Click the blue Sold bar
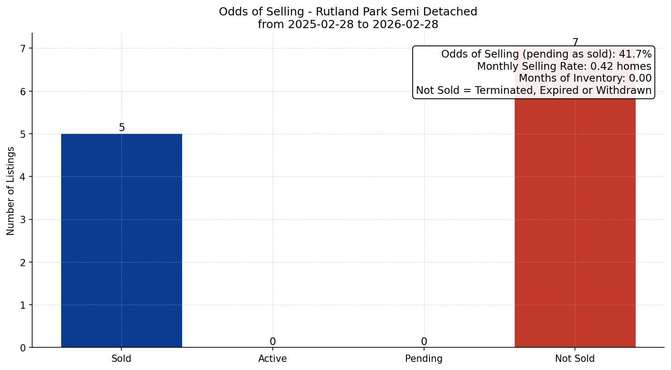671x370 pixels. [121, 240]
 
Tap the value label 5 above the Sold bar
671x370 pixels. [121, 128]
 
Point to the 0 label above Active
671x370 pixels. [272, 342]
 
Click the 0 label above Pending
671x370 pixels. [424, 342]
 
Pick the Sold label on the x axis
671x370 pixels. [121, 359]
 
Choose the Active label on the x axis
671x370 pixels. [272, 359]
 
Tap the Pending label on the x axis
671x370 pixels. [424, 359]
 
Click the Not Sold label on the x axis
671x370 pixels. [574, 359]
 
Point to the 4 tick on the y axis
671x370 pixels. [23, 177]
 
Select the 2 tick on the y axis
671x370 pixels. [23, 263]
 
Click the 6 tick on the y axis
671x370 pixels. [23, 92]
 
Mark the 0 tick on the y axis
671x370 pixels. [23, 348]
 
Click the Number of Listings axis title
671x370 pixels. [11, 191]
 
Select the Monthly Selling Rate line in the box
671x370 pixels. [564, 67]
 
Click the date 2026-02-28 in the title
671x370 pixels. [405, 24]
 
